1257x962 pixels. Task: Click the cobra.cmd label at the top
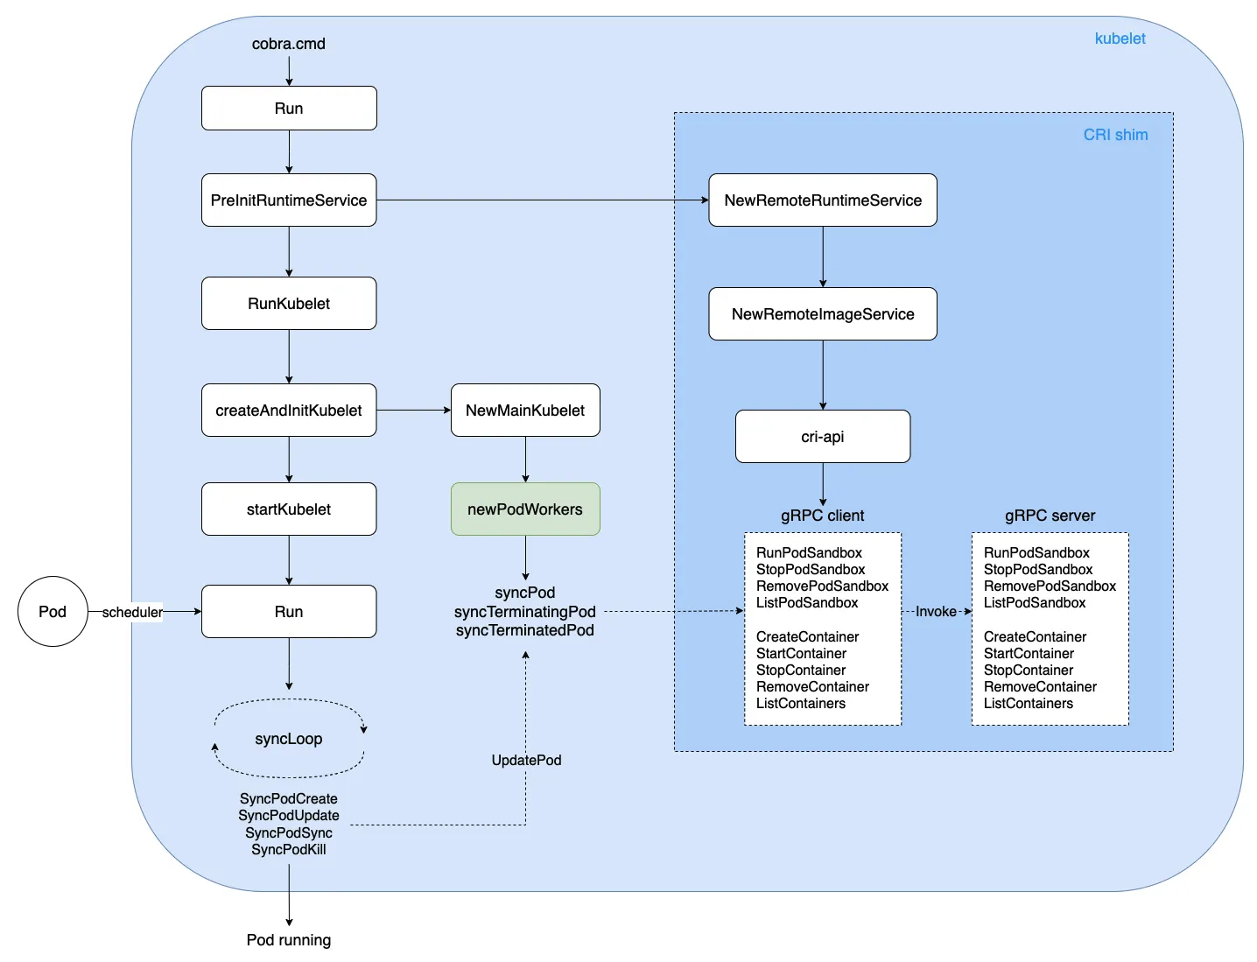click(288, 44)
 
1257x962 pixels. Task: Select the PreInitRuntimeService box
click(289, 200)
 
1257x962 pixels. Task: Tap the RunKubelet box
click(289, 304)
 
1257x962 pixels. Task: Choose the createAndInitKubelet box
click(289, 411)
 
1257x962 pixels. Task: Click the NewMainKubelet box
click(525, 411)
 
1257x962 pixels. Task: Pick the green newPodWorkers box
click(525, 509)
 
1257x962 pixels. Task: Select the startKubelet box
click(289, 509)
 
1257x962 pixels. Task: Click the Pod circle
click(53, 612)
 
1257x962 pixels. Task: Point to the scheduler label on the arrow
click(132, 612)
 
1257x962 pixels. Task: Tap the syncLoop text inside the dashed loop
click(289, 739)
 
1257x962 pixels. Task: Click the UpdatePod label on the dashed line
click(526, 760)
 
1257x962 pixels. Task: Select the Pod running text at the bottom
click(289, 940)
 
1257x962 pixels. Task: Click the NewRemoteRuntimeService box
click(823, 200)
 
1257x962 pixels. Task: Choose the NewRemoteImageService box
click(823, 314)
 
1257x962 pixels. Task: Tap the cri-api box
click(823, 437)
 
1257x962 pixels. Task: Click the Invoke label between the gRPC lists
click(936, 612)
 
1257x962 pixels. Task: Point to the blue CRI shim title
click(1115, 135)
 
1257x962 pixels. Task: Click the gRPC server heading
click(1050, 516)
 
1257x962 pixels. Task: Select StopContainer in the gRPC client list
click(801, 671)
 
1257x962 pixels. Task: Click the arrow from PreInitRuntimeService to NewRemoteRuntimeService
click(543, 200)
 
